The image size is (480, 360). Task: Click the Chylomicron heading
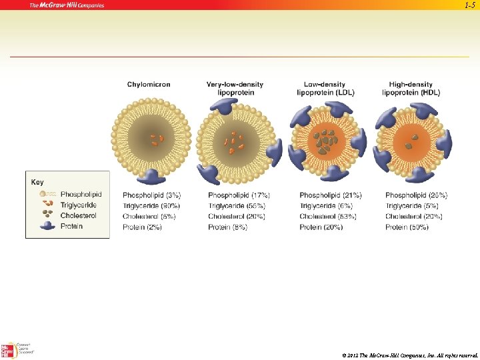coord(149,85)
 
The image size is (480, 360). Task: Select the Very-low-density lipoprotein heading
coord(235,89)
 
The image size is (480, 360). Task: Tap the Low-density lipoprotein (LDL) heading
coord(325,89)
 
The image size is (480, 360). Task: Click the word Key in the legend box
coord(37,182)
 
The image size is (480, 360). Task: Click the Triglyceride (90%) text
coord(151,206)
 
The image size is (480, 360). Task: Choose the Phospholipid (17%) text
coord(239,195)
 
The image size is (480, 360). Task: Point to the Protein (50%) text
coord(408,227)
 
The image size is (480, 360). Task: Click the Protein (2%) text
coord(143,227)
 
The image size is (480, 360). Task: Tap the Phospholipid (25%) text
coord(417,195)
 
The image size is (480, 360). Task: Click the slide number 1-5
coord(469,5)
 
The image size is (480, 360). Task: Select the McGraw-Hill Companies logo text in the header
coord(67,5)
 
